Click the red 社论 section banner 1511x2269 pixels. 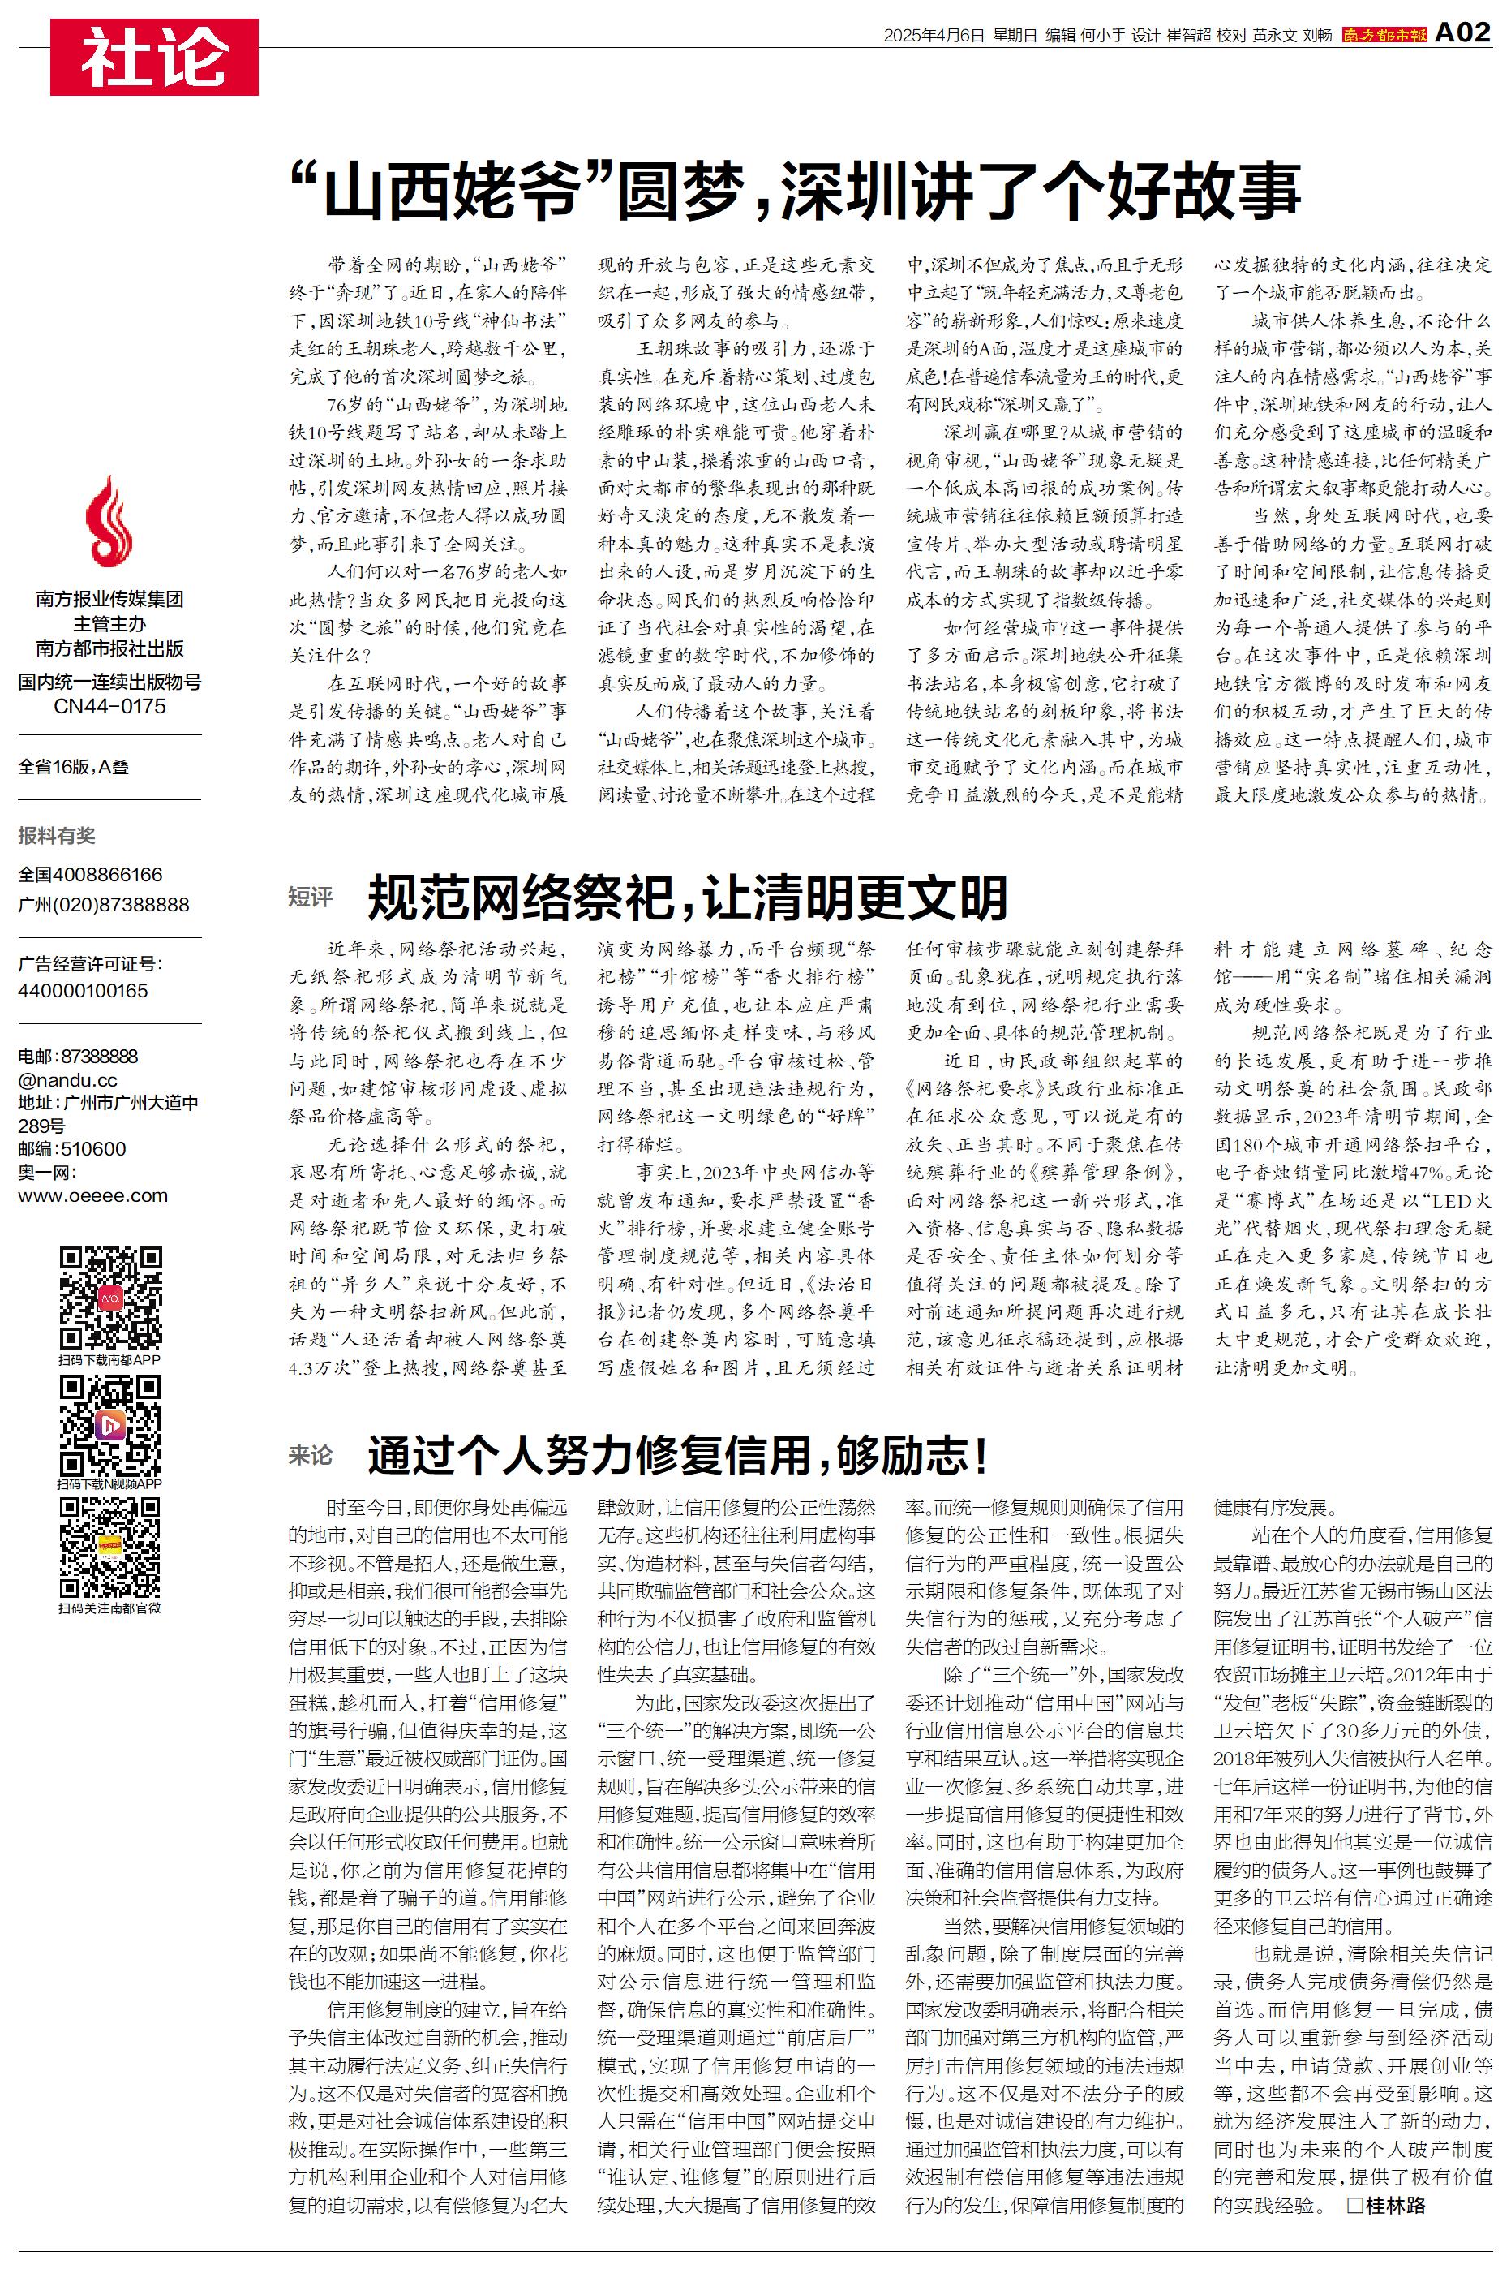pos(154,57)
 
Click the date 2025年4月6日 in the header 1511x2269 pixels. pos(934,36)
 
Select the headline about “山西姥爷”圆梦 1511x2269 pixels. pos(796,191)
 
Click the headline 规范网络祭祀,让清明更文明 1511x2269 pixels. pos(687,898)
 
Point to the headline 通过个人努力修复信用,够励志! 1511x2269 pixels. pos(677,1454)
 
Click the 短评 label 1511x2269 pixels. pos(311,898)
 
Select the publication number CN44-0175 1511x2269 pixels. pos(109,707)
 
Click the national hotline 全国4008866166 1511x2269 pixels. pos(91,874)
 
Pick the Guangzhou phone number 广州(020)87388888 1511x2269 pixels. pos(104,904)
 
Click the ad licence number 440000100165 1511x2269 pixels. pos(83,991)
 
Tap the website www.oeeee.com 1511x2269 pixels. pos(92,1196)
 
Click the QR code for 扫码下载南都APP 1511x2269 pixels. pos(109,1298)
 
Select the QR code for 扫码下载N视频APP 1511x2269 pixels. pos(109,1425)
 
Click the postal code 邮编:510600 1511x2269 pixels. pos(72,1149)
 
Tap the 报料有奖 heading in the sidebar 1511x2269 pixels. pos(57,836)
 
